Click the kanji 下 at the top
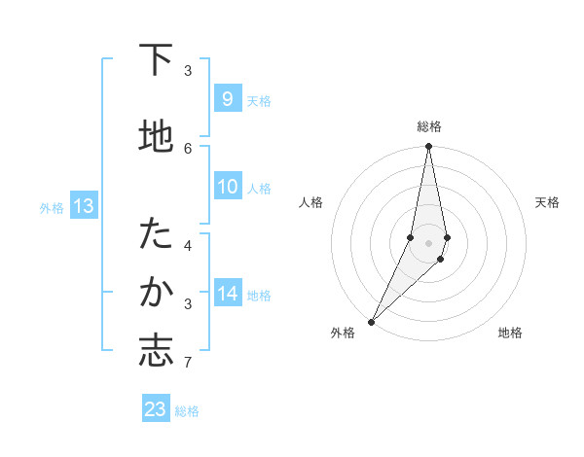pos(156,60)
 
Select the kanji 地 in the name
pos(156,136)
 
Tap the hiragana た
pos(156,234)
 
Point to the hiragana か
pos(156,292)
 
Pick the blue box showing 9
pos(227,99)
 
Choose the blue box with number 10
pos(227,187)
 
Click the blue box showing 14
pos(227,294)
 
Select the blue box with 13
pos(83,206)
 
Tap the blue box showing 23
pos(156,409)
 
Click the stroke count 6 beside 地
pos(188,148)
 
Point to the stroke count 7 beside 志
pos(188,364)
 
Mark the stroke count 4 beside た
pos(188,245)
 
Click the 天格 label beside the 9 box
pos(259,100)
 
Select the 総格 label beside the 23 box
pos(187,411)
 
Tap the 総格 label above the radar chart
pos(428,126)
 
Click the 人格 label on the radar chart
pos(310,202)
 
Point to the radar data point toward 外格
pos(371,321)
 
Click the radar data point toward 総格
pos(428,147)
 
